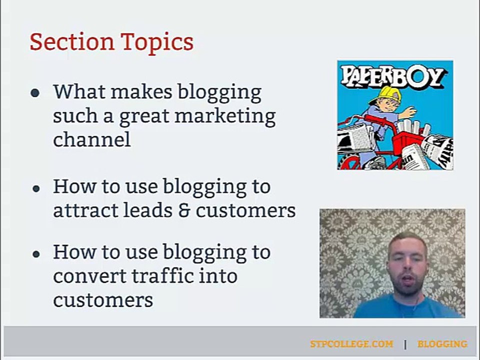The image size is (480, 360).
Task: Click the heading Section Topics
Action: (111, 42)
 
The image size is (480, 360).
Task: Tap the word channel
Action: (91, 139)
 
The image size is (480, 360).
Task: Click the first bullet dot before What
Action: (35, 93)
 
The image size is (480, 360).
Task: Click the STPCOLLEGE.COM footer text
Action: (351, 344)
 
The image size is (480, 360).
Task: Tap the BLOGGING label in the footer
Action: (442, 344)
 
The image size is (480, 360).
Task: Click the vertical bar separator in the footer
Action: (405, 344)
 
